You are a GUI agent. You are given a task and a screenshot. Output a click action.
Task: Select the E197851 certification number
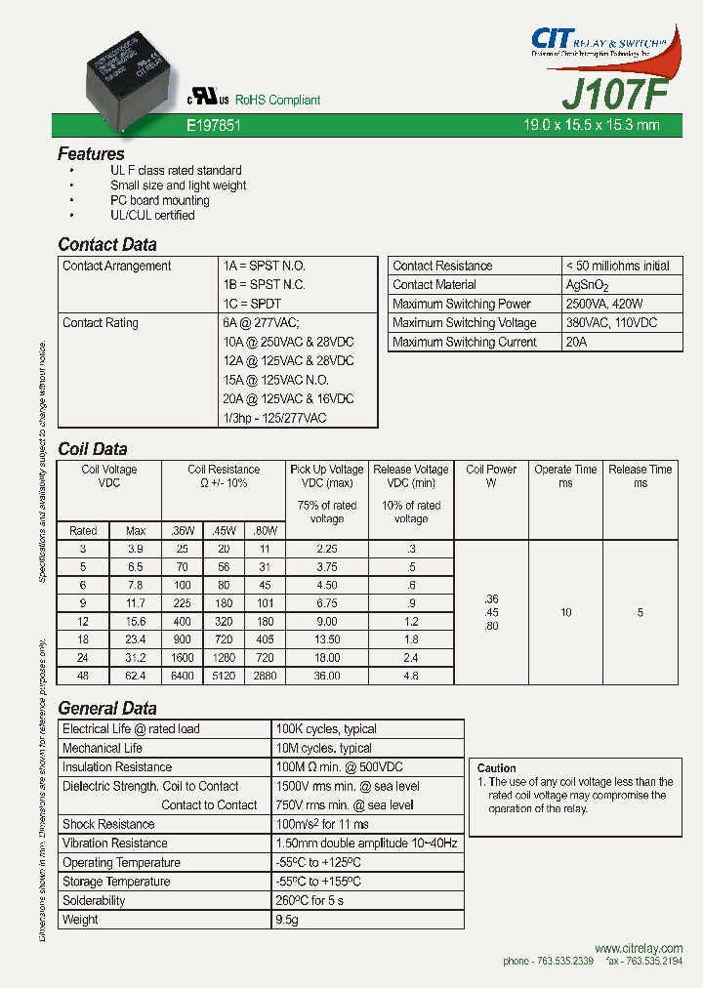213,126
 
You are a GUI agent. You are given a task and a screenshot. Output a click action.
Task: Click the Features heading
91,153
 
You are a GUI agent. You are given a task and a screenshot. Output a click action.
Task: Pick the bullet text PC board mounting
159,200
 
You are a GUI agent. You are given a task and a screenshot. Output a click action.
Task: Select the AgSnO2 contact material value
587,285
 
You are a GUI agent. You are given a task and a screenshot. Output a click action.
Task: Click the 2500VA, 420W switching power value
604,304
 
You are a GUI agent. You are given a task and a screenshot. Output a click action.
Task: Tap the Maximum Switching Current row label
464,342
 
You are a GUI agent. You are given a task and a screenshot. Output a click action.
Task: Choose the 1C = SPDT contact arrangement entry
251,304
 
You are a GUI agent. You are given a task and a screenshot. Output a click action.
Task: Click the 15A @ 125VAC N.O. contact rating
275,380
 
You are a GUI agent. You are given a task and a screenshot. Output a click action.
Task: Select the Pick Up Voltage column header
327,470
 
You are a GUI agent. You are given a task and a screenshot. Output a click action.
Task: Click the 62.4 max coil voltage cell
136,676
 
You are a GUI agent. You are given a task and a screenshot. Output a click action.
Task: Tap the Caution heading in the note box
497,768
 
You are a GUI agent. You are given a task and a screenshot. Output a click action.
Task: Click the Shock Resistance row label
108,824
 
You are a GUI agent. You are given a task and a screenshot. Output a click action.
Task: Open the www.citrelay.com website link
638,948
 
